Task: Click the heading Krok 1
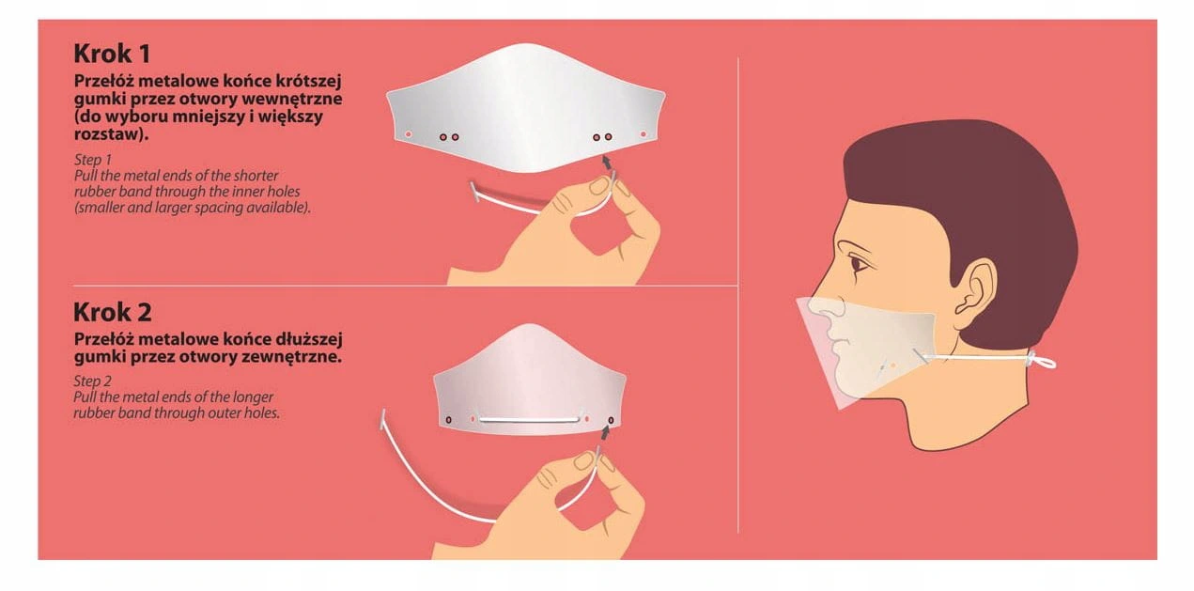(x=112, y=54)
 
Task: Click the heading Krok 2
(x=113, y=312)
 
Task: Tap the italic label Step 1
(x=93, y=160)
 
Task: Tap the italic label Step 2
(x=93, y=381)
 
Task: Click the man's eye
(x=858, y=264)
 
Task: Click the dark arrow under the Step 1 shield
(x=607, y=162)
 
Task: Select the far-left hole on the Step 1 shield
(x=409, y=134)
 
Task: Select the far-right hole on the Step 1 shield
(x=644, y=134)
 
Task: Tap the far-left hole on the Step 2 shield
(x=448, y=420)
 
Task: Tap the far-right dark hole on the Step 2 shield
(x=611, y=420)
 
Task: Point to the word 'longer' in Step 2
(x=255, y=397)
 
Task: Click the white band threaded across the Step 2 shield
(x=529, y=420)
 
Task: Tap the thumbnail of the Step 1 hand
(x=599, y=185)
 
